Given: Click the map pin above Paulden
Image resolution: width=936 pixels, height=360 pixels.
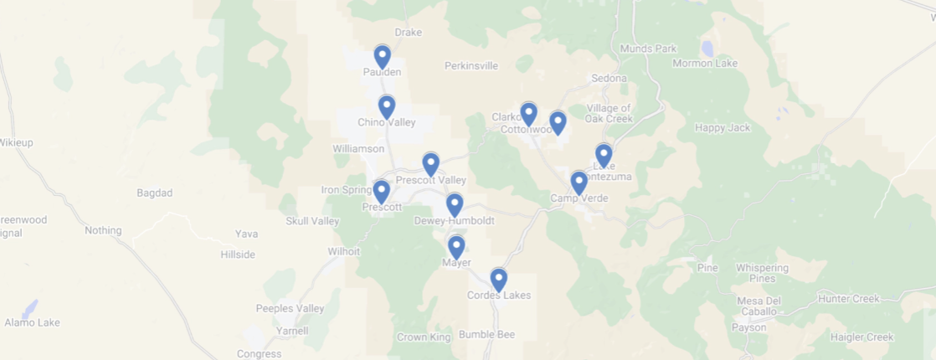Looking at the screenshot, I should tap(382, 56).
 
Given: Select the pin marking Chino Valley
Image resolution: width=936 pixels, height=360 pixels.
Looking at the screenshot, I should tap(386, 106).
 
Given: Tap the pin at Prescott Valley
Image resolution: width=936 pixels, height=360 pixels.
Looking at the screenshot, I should tap(430, 164).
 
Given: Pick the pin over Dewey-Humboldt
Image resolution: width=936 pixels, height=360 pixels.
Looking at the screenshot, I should tap(454, 204).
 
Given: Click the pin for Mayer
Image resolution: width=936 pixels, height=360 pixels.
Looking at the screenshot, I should tap(455, 247).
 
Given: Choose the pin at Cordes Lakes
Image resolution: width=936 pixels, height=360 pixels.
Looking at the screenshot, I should tap(498, 279).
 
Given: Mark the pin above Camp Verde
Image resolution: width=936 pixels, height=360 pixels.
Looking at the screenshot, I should tap(579, 183).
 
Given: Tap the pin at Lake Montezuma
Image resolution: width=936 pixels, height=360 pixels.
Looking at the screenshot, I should tap(604, 155).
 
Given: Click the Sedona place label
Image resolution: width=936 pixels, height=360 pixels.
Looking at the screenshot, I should tap(609, 78).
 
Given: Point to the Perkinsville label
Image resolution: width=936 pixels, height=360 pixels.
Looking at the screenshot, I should tap(471, 65).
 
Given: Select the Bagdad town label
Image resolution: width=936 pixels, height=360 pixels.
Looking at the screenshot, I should tap(154, 193).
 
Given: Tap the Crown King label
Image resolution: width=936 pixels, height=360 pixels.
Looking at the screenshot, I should tap(424, 337).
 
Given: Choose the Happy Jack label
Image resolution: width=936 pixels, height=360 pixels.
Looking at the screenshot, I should tap(723, 127).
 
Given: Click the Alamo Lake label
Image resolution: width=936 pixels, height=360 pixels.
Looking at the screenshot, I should tap(32, 322).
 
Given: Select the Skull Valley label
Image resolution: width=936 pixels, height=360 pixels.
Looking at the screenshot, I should tap(312, 221).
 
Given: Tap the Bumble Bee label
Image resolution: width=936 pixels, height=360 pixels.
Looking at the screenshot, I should tap(486, 334).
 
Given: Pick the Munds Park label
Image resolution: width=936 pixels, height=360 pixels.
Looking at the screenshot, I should tap(648, 49).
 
